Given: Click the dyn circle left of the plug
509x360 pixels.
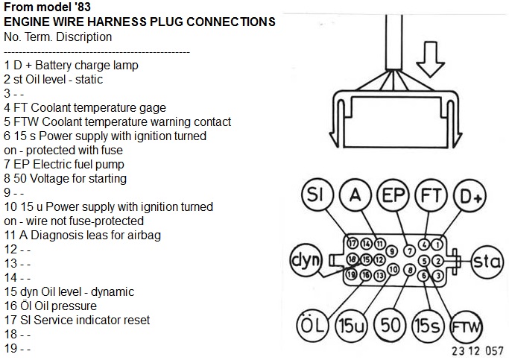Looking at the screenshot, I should [x=306, y=261].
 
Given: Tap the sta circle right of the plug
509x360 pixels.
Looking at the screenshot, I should [x=487, y=261].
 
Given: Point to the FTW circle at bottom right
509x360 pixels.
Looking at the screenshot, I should [x=467, y=326].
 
